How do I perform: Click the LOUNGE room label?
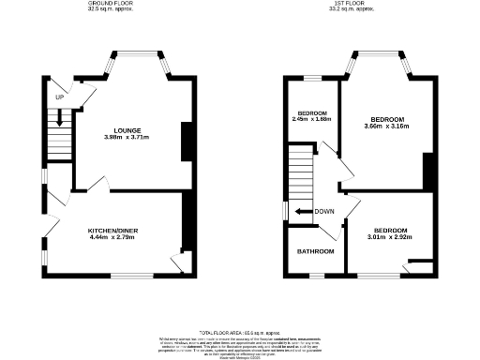[x=128, y=130]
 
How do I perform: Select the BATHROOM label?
[x=316, y=251]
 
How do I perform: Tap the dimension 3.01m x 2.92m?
[x=390, y=237]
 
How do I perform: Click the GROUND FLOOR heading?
[x=111, y=4]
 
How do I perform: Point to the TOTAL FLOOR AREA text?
[x=239, y=331]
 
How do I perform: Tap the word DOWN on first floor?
[x=325, y=211]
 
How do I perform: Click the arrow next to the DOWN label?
[x=303, y=211]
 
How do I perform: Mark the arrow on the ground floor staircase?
[x=60, y=118]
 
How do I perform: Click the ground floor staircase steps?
[x=59, y=143]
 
